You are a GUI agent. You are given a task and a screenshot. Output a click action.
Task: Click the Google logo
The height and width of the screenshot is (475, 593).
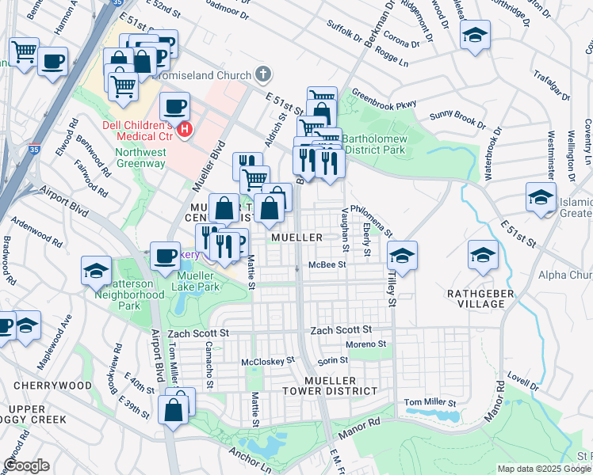click(26, 465)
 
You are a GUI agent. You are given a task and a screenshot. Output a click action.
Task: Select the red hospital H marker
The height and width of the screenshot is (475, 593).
click(185, 129)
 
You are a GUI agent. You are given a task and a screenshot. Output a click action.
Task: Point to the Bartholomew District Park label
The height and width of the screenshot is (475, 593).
click(376, 143)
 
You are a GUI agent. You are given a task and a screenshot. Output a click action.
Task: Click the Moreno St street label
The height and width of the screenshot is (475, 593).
click(365, 344)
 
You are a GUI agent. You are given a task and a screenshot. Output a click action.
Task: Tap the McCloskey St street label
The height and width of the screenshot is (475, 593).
click(267, 360)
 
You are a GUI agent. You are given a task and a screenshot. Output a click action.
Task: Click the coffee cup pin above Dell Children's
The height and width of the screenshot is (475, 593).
click(174, 105)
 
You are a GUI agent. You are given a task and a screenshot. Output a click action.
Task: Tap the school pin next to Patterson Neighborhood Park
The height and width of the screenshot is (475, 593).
click(96, 271)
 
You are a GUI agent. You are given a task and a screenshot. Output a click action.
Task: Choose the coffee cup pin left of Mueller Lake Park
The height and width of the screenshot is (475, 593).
click(165, 255)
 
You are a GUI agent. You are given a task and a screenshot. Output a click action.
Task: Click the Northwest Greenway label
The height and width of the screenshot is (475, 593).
click(140, 158)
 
